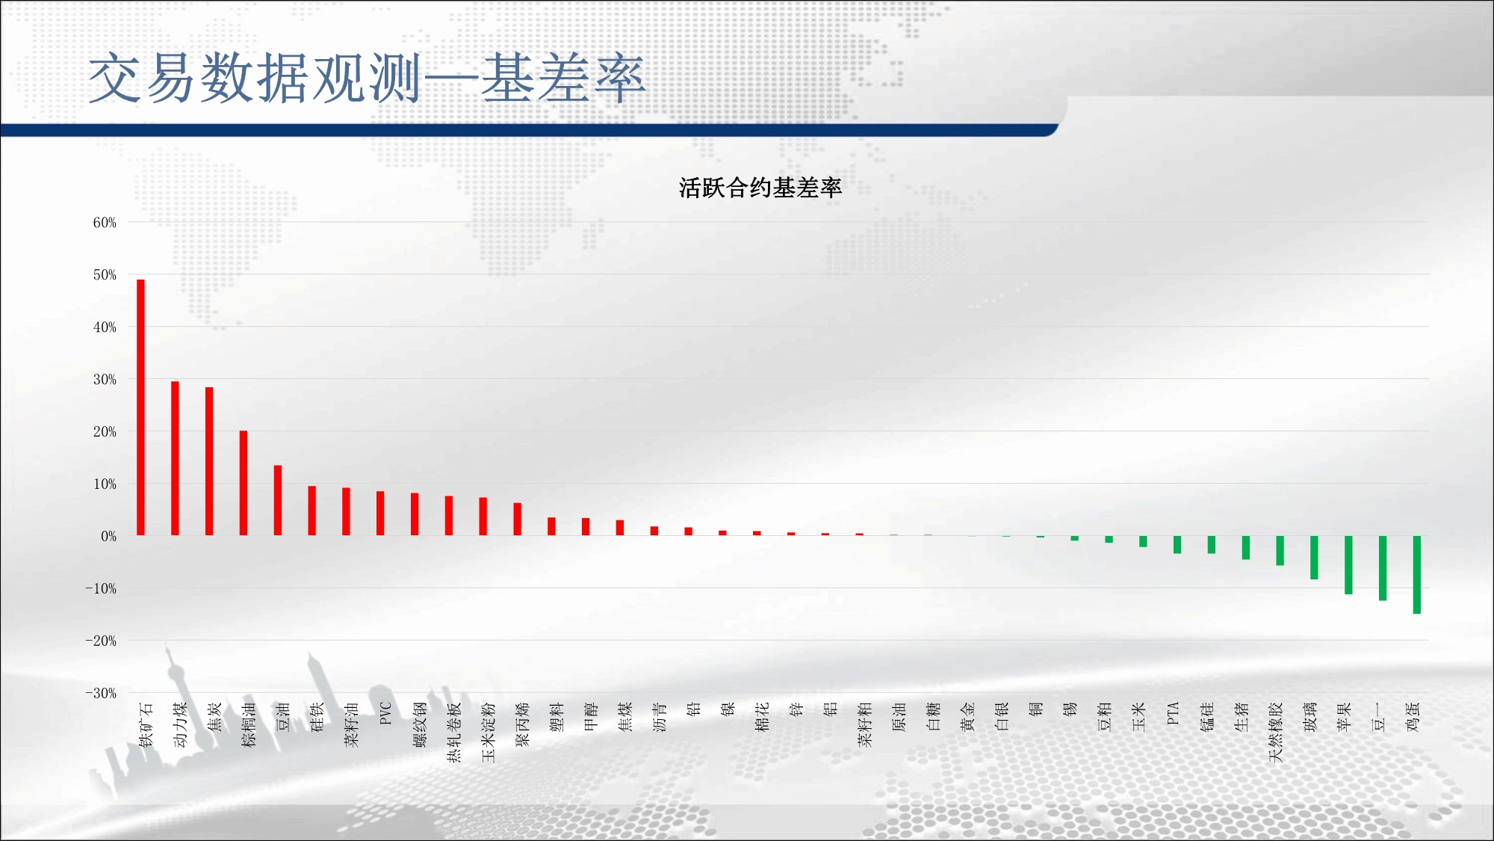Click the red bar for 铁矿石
point(140,407)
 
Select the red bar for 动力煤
point(175,458)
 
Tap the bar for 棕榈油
point(244,483)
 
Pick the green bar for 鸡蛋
point(1417,575)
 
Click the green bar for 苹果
point(1348,565)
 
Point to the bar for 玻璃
point(1314,558)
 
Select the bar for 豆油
point(278,500)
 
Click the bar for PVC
point(380,513)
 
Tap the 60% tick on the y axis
point(105,223)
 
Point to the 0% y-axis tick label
point(109,536)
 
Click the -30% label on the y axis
point(101,693)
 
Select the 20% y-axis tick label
point(105,431)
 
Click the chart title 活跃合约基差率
point(760,188)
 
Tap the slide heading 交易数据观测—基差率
point(367,78)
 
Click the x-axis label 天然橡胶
point(1275,732)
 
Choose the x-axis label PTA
point(1173,713)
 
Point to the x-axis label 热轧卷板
point(453,732)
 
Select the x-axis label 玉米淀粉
point(488,732)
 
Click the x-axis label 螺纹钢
point(419,724)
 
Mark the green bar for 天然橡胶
point(1280,550)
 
